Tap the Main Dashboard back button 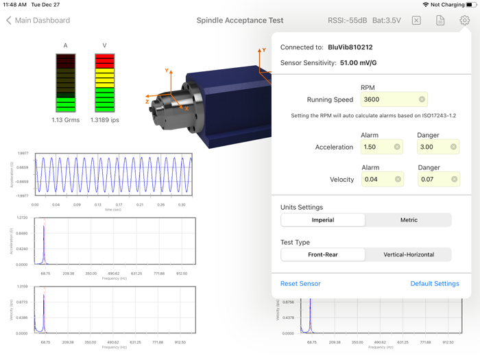[38, 21]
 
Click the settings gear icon [464, 21]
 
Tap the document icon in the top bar [440, 21]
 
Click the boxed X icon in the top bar [416, 21]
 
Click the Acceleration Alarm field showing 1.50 [376, 147]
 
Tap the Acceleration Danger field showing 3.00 [432, 147]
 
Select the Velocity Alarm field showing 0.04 [376, 179]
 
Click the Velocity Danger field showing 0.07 [432, 179]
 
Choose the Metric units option [408, 220]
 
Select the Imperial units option [323, 220]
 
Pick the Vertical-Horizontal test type [408, 254]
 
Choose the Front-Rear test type [323, 254]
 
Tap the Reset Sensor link [300, 283]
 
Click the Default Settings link [434, 283]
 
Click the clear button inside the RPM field [422, 99]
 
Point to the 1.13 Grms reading [66, 120]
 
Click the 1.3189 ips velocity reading [105, 120]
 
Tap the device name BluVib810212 [350, 47]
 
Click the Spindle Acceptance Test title [240, 21]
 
